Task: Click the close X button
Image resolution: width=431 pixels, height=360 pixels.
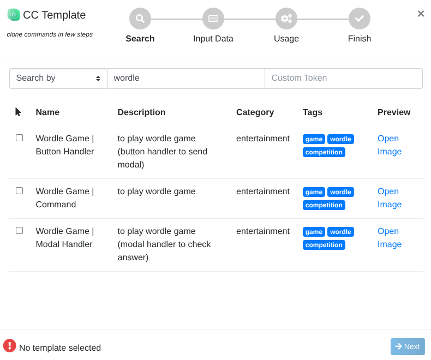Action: point(421,14)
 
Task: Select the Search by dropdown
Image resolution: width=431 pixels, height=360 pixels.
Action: point(58,79)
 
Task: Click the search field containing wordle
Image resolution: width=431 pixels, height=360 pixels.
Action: point(186,79)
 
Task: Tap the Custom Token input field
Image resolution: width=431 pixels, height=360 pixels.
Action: point(344,79)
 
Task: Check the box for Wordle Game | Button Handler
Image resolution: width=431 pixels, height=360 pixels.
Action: point(19,137)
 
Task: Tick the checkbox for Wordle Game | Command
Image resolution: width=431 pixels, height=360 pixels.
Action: point(19,191)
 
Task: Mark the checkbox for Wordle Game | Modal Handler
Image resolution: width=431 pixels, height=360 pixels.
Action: point(19,231)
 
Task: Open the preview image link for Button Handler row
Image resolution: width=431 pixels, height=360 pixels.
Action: point(390,145)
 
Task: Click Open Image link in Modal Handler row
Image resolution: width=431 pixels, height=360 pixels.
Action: point(390,237)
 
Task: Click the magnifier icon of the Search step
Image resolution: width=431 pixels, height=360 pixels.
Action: point(140,19)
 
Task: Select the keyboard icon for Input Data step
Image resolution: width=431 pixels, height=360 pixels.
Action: point(213,19)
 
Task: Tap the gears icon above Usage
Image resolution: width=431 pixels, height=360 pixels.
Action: point(286,19)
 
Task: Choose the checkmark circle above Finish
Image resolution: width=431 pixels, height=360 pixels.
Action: point(360,19)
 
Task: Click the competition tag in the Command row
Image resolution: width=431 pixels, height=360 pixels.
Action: point(324,205)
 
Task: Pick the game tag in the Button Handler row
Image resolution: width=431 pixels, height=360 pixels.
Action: point(314,139)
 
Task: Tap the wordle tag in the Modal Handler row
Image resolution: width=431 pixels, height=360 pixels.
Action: point(340,232)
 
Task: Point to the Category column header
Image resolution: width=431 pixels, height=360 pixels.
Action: point(255,112)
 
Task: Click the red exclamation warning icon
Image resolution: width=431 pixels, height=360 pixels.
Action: point(10,345)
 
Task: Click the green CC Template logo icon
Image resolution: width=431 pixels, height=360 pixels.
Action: point(14,15)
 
